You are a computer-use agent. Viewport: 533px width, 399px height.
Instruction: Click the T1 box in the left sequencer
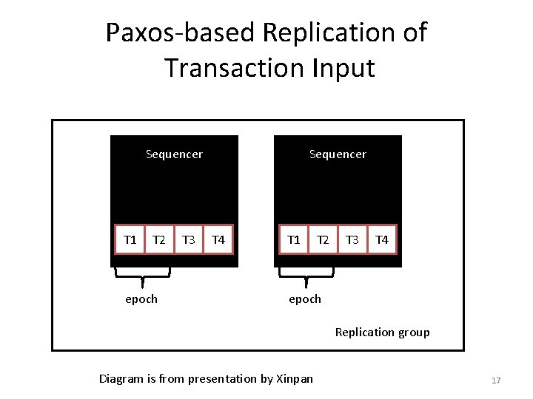[130, 239]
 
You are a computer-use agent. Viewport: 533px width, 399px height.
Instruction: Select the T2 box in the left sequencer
[158, 239]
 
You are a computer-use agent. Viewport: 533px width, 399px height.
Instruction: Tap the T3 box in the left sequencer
[189, 239]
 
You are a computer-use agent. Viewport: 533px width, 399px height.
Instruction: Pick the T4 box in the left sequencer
[218, 239]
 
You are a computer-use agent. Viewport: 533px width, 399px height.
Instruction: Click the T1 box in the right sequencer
[294, 239]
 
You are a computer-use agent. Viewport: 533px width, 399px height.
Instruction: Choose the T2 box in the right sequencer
[323, 239]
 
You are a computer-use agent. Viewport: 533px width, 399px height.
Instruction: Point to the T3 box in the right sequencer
[352, 239]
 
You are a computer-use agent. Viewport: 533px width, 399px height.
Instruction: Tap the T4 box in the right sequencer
[382, 239]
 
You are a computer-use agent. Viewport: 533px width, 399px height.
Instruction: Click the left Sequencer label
[174, 154]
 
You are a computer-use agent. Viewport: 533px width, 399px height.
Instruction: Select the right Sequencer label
[338, 154]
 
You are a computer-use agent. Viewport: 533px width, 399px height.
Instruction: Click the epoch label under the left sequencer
[141, 299]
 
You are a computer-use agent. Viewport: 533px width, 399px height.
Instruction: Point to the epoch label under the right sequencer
[305, 299]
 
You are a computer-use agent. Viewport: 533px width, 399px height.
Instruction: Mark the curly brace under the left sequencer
[142, 275]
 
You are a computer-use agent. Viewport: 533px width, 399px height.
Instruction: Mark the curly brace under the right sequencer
[306, 275]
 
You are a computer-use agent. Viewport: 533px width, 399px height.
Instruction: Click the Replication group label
[382, 332]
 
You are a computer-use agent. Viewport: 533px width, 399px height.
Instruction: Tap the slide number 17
[496, 381]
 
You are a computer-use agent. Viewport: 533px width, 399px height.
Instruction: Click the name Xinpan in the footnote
[294, 379]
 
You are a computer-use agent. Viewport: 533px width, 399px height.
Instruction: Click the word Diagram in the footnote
[121, 379]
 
